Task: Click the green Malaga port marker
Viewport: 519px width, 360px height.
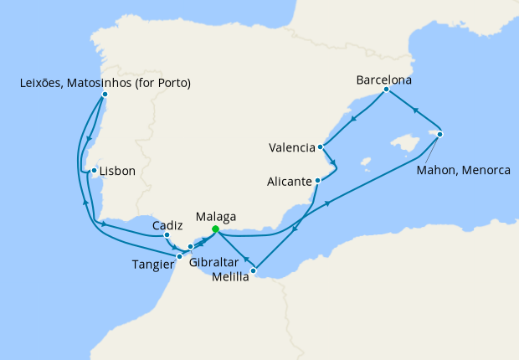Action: (x=215, y=229)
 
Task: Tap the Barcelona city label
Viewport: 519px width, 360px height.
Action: (x=384, y=80)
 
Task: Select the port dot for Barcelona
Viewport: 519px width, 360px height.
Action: (x=386, y=90)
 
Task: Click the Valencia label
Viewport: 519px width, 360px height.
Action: (x=292, y=149)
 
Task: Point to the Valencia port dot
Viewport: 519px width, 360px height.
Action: (x=321, y=147)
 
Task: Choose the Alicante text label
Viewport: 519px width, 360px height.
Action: (x=288, y=181)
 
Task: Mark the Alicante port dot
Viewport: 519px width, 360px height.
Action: (x=317, y=180)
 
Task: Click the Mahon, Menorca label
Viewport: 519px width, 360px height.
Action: (x=463, y=169)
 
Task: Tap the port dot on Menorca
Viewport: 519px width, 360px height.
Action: (x=440, y=134)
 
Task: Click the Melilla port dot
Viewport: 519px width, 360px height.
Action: (x=254, y=270)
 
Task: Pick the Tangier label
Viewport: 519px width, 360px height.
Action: (x=153, y=265)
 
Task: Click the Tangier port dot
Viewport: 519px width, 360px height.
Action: (x=179, y=256)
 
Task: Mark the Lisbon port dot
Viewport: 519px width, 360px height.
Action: (x=94, y=171)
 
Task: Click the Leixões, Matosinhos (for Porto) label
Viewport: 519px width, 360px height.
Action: (x=105, y=83)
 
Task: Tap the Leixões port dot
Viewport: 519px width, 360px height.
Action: (x=105, y=95)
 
